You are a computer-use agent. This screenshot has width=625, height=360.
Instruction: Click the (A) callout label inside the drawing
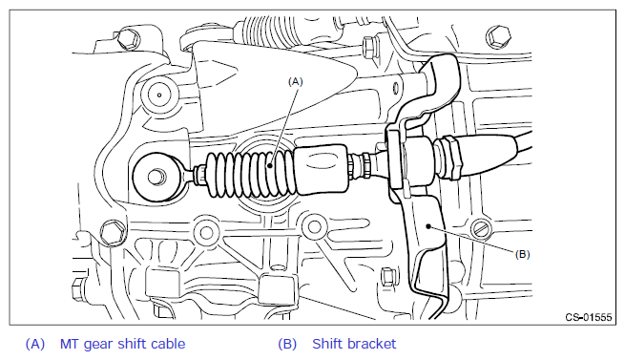pos(296,82)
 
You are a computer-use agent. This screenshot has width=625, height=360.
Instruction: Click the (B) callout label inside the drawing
pos(522,254)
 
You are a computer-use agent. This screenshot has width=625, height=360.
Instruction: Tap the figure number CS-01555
pos(589,317)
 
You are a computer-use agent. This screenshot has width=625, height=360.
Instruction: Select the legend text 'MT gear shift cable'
pos(123,344)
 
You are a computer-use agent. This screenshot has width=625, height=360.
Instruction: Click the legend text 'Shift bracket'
pos(354,344)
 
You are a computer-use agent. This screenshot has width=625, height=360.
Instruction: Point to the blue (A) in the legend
pos(35,344)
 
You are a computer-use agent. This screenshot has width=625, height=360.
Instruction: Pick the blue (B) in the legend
pos(287,344)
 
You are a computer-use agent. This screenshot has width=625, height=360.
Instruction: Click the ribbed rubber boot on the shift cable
pos(251,174)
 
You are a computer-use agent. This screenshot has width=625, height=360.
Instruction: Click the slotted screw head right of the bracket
pos(482,229)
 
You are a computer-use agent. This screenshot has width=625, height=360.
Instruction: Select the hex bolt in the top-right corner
pos(498,37)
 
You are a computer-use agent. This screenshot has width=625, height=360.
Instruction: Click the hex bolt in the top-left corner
pos(128,39)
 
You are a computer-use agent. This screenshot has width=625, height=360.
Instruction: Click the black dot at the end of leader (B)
pos(428,226)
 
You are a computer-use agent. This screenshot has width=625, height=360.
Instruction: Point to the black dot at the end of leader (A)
pos(270,165)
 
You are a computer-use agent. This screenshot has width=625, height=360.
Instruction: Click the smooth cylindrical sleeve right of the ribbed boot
pos(322,170)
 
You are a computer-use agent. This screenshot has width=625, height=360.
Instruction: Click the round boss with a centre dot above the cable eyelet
pos(159,95)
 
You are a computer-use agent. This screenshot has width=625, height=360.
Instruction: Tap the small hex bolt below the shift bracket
pos(387,277)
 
